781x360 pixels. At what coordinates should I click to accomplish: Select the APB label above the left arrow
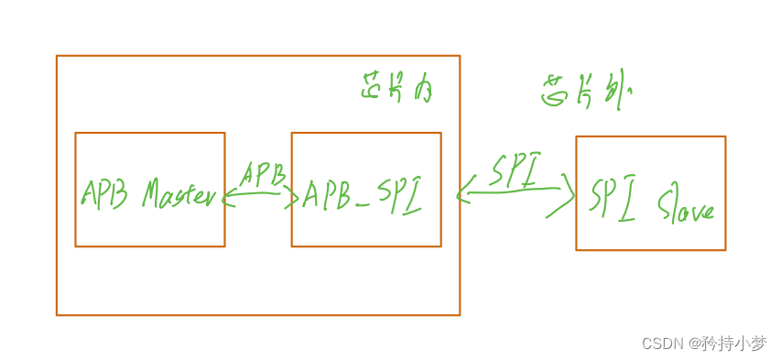point(263,174)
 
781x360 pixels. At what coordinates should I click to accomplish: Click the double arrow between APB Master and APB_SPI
point(260,195)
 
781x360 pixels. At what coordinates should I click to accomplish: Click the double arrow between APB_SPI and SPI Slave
point(515,191)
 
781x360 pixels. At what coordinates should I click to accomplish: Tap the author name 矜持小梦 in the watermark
point(734,344)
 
